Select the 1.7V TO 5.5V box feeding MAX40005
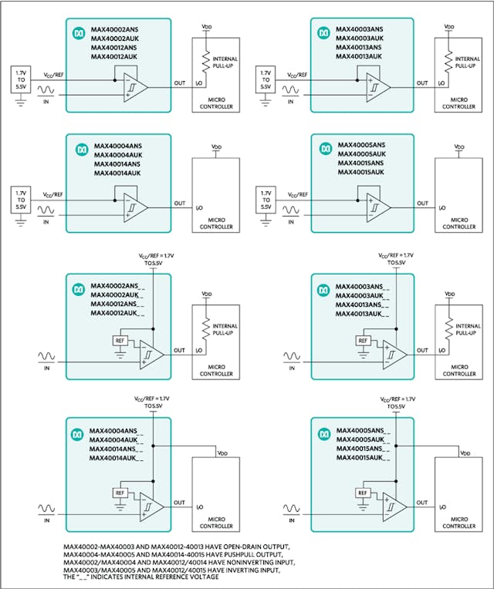point(266,200)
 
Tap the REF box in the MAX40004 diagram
point(119,493)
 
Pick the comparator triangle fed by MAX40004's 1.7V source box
point(136,206)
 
